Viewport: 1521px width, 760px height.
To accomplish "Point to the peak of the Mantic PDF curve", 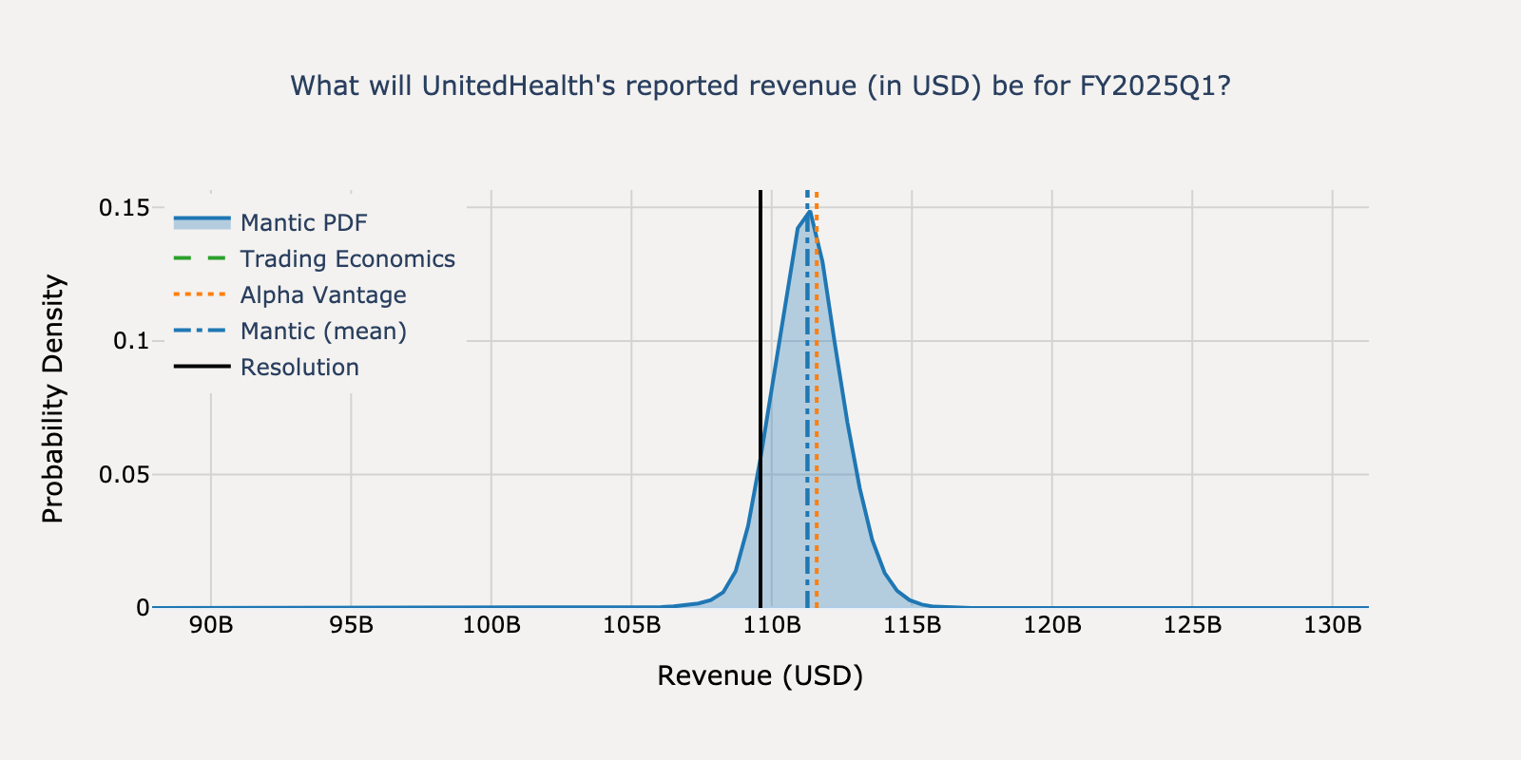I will coord(810,212).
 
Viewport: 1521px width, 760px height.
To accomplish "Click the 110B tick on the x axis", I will coord(772,626).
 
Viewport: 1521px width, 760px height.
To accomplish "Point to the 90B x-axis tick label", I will coord(211,626).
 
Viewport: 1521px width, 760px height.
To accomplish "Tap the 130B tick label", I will coord(1333,626).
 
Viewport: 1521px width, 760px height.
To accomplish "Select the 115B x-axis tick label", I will coord(912,626).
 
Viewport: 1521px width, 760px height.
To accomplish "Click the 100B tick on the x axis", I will coord(491,626).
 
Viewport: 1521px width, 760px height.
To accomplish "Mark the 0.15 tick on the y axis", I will coord(124,207).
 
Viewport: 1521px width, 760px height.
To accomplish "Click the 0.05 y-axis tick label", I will coord(124,474).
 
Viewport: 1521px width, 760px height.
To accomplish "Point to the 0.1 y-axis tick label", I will coord(131,341).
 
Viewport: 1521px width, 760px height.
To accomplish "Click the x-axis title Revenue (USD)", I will coord(760,675).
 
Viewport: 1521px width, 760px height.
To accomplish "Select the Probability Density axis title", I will coord(53,399).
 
